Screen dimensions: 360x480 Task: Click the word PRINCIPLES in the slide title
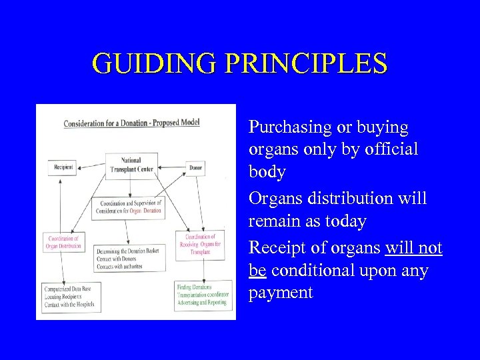307,63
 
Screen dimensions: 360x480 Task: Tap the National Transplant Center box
132,165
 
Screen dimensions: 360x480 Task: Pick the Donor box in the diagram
195,167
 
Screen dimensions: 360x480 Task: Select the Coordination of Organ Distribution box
65,242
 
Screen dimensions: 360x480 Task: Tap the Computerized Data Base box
71,297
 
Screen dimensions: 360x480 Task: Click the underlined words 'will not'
413,248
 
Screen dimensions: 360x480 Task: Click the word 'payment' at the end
281,293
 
